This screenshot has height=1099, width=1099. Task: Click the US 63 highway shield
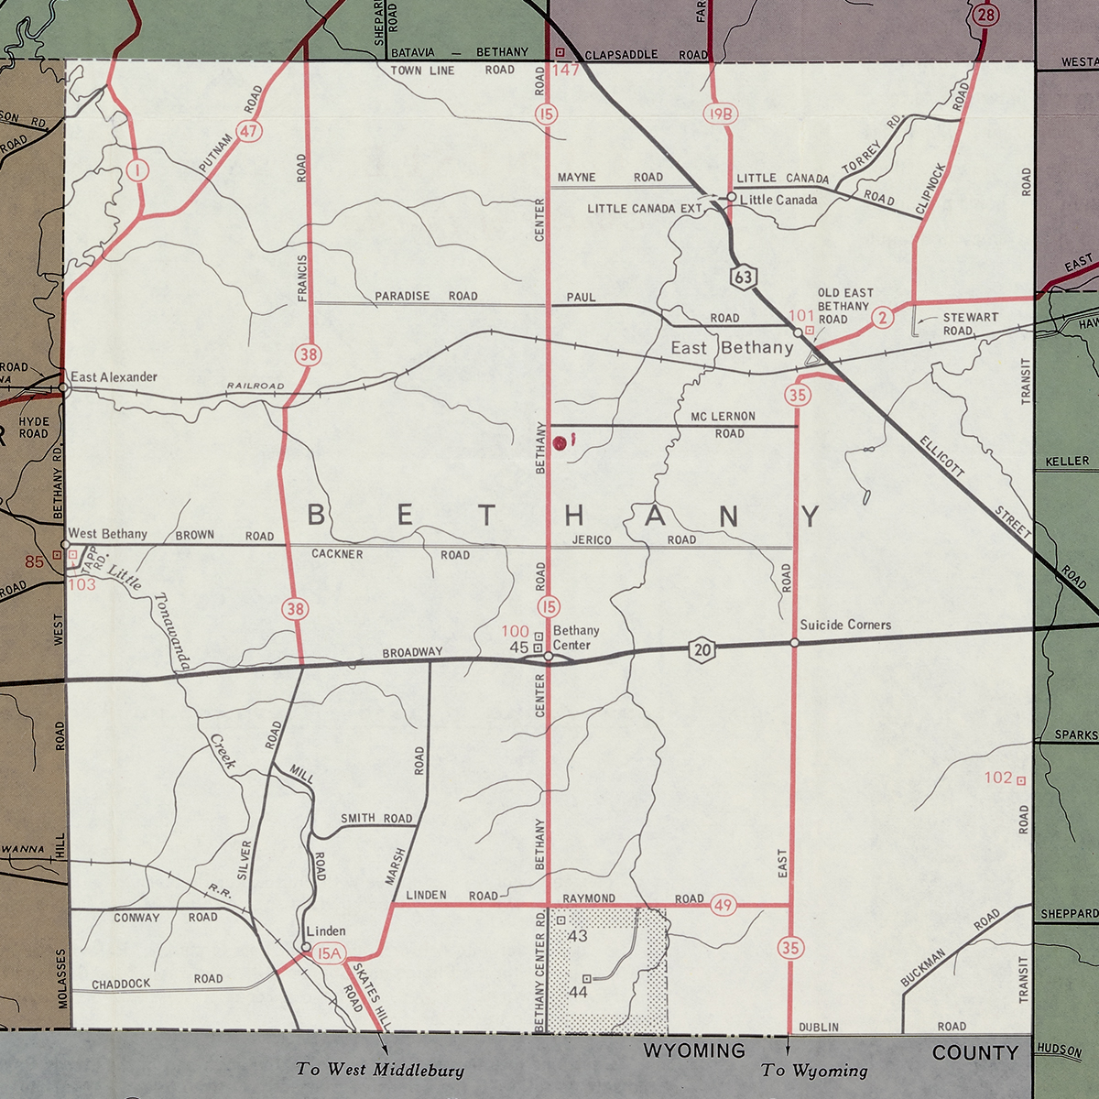click(x=745, y=275)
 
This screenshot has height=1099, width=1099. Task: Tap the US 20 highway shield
click(x=702, y=650)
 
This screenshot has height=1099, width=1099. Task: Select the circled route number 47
click(x=249, y=131)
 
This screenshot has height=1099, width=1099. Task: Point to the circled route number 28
click(x=986, y=14)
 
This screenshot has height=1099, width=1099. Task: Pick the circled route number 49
click(x=724, y=906)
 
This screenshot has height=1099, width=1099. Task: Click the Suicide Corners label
click(x=845, y=625)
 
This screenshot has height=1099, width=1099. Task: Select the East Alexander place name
click(x=114, y=376)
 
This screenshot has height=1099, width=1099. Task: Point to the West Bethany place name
click(x=107, y=534)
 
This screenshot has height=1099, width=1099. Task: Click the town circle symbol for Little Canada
click(x=732, y=197)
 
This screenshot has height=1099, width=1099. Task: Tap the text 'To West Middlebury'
click(x=379, y=1070)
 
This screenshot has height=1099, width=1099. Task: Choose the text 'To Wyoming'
click(x=814, y=1071)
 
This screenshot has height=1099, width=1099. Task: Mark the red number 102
click(x=998, y=778)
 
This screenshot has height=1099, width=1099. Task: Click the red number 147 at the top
click(x=566, y=70)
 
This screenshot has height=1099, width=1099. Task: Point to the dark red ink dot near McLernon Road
click(x=560, y=442)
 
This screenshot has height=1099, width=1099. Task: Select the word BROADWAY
click(x=412, y=652)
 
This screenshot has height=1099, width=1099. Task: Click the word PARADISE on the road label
click(x=402, y=296)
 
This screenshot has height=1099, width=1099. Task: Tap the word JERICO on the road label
click(x=592, y=540)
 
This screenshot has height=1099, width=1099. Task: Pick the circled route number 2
click(x=882, y=318)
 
